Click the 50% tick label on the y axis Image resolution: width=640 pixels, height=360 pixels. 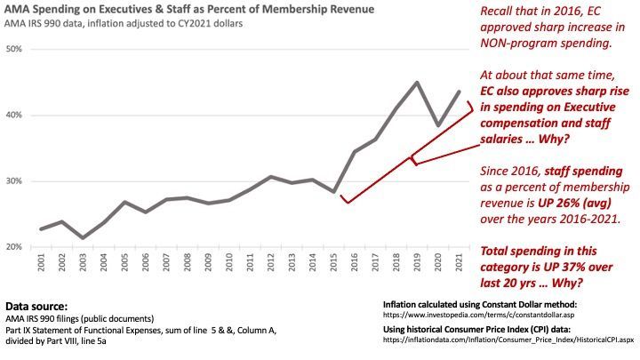pyautogui.click(x=14, y=48)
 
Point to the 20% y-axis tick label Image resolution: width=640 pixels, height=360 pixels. pyautogui.click(x=14, y=246)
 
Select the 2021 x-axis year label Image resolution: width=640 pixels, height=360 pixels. pyautogui.click(x=459, y=264)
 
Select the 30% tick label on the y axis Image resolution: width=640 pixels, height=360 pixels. pyautogui.click(x=14, y=180)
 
